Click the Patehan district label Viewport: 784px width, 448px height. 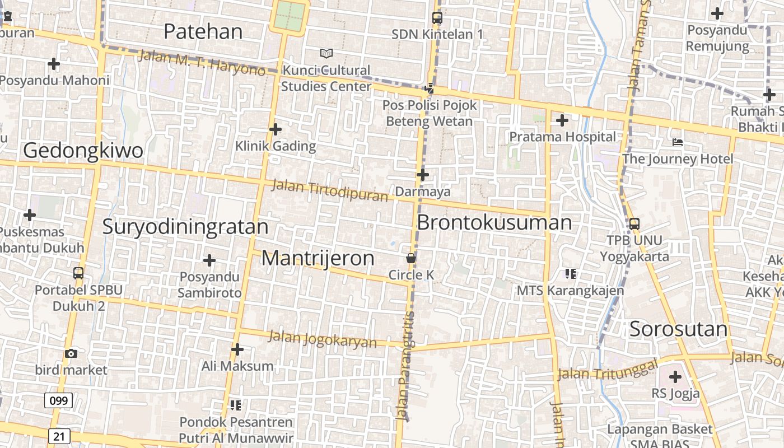pos(203,31)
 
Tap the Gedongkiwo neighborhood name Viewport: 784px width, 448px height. pos(83,151)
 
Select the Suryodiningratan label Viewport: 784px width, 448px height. pos(185,226)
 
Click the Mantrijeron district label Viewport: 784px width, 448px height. pos(318,258)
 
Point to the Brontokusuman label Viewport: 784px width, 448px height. pos(494,222)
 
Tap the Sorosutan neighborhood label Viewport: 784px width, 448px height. pos(679,329)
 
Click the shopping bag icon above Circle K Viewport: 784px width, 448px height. pos(411,259)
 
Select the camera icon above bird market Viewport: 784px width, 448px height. pos(71,353)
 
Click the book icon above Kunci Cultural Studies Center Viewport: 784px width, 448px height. pos(326,53)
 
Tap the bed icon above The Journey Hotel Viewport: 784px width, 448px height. pos(678,142)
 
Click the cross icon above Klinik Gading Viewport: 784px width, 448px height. pos(275,129)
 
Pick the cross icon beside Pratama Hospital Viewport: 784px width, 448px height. pos(562,120)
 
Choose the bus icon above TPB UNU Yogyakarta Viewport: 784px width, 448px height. pos(634,223)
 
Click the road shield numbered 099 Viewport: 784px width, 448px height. pos(58,400)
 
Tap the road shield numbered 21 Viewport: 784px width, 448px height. pos(59,436)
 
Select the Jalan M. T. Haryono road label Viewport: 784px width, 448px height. pos(202,63)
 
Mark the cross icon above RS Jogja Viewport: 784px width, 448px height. pos(675,377)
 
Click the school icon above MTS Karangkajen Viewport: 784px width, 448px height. pos(570,274)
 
